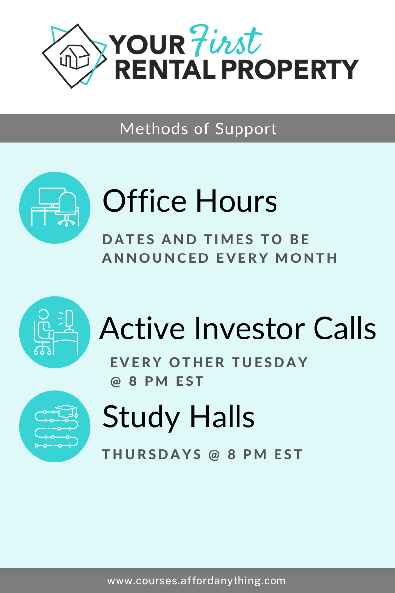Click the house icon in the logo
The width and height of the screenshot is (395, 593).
[75, 57]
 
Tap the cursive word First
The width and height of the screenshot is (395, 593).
[226, 41]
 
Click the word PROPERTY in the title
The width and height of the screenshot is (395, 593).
[290, 69]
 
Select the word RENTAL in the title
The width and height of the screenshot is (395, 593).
[165, 69]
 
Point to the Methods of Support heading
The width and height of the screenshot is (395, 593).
[198, 129]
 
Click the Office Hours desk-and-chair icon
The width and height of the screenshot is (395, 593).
[55, 208]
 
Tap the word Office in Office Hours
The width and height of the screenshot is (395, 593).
[145, 201]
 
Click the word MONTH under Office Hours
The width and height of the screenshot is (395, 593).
[306, 258]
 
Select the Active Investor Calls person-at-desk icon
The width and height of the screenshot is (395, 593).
[55, 332]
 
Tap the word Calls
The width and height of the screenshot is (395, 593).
[345, 328]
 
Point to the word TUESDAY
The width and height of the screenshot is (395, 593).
[270, 362]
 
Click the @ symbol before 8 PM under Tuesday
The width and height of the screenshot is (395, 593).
[116, 381]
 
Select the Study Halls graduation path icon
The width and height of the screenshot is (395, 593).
[55, 426]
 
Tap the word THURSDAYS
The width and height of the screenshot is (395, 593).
[152, 454]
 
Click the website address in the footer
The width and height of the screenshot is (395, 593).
[197, 581]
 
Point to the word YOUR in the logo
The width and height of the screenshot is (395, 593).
[147, 45]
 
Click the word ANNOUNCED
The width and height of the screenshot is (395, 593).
[156, 258]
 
